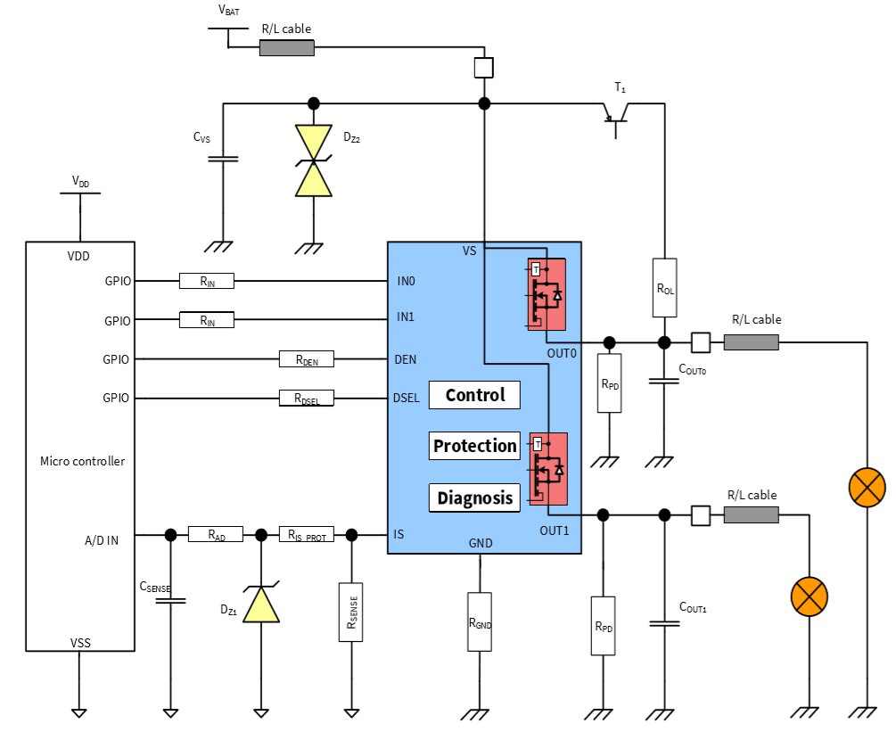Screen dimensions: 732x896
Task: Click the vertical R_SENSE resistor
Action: (351, 613)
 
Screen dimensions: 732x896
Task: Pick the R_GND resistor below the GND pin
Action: (480, 621)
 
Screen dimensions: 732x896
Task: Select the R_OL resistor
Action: (664, 288)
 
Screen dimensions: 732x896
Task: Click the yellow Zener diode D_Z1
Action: (260, 606)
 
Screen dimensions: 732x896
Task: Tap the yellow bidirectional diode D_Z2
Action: (313, 160)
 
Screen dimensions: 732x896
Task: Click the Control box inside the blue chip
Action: (474, 395)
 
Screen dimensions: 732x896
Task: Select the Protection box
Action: (474, 446)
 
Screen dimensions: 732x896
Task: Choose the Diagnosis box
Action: (474, 498)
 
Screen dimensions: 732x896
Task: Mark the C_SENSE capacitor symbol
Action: (169, 600)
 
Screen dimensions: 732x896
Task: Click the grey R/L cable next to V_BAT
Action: (286, 47)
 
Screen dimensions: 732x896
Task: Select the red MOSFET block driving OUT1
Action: (547, 469)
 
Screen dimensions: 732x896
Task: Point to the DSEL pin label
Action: (406, 399)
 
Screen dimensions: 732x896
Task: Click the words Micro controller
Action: (82, 461)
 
